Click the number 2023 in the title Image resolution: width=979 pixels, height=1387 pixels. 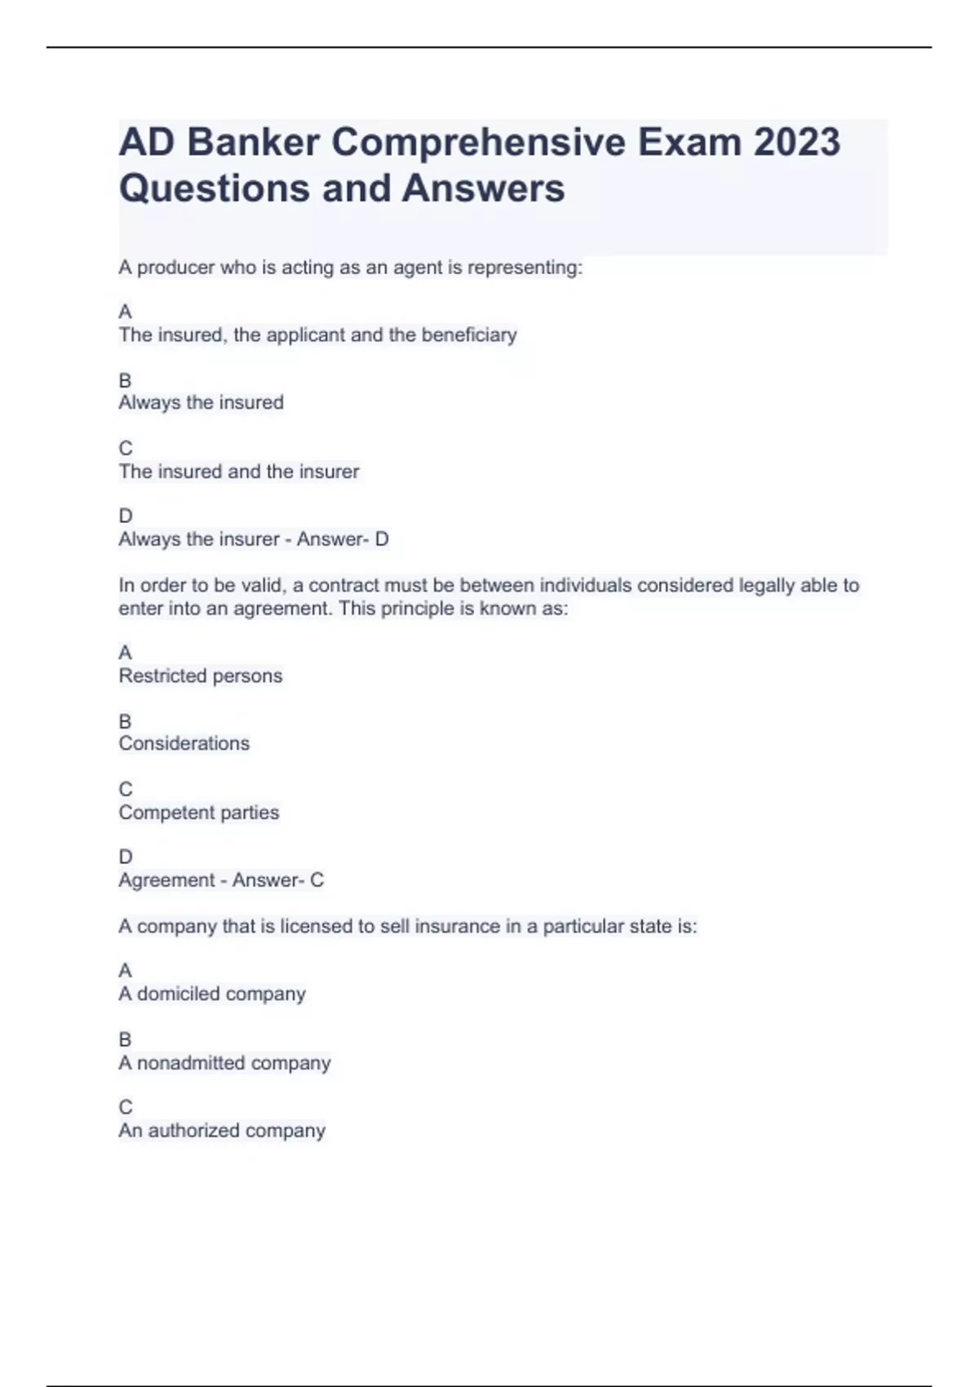click(796, 143)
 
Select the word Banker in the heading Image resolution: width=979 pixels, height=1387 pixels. click(253, 143)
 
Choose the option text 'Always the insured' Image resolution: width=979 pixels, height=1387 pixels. click(201, 402)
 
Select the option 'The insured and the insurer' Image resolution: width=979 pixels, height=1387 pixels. click(238, 472)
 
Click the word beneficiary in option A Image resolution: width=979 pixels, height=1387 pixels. click(468, 335)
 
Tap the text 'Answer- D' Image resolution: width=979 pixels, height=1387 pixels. click(343, 539)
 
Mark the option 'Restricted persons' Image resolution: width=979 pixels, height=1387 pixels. click(200, 676)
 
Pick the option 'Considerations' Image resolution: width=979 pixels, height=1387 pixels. click(184, 743)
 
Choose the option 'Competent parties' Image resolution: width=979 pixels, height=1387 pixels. click(198, 813)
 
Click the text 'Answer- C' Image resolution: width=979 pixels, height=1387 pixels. click(277, 880)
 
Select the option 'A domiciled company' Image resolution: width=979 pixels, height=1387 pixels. click(212, 994)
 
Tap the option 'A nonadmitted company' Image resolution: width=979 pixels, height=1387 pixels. click(224, 1063)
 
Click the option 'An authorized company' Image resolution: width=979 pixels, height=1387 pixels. click(222, 1131)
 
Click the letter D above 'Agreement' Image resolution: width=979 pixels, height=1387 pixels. click(125, 857)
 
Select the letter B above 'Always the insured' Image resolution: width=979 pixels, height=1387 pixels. click(125, 380)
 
